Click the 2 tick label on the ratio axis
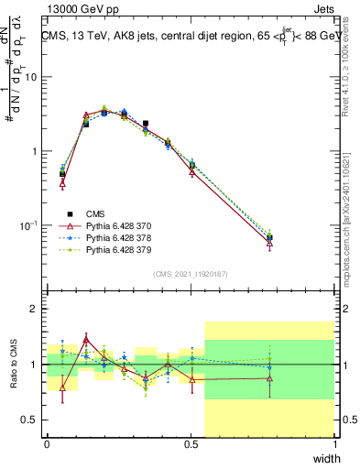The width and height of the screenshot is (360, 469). coord(35,310)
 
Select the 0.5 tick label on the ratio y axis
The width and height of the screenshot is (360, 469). coord(29,420)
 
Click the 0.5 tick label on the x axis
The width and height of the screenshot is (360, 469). coord(191,444)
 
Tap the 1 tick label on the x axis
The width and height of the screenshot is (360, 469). coord(335,444)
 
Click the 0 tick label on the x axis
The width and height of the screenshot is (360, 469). coord(47,444)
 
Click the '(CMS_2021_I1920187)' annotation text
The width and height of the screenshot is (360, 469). coord(191,274)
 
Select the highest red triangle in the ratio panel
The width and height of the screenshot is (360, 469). coord(86,339)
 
